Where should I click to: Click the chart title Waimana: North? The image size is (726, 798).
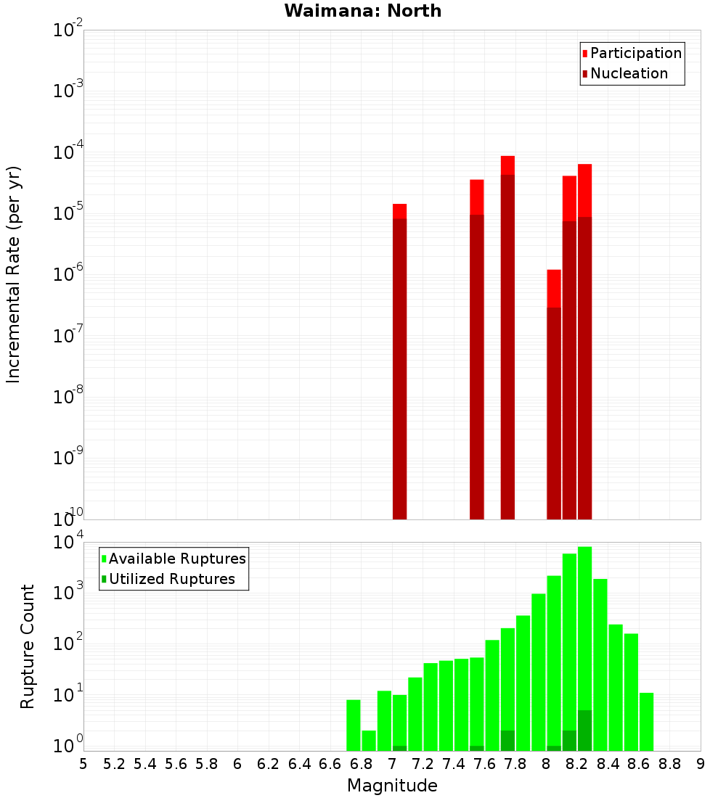click(x=362, y=11)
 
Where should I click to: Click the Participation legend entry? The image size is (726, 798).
click(x=635, y=54)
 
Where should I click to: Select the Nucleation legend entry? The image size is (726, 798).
click(x=628, y=74)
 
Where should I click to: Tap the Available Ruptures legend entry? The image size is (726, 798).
click(x=176, y=559)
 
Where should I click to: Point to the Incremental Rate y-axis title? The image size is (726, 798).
click(x=14, y=274)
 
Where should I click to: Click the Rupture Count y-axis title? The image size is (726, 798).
click(x=28, y=646)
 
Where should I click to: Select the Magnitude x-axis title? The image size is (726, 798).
click(x=392, y=786)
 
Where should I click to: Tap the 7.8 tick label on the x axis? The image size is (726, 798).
click(x=515, y=764)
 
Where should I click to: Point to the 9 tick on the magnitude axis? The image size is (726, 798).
click(x=701, y=764)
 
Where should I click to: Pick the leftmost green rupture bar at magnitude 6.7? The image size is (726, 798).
click(x=354, y=725)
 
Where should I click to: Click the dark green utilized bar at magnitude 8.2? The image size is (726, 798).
click(x=584, y=731)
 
